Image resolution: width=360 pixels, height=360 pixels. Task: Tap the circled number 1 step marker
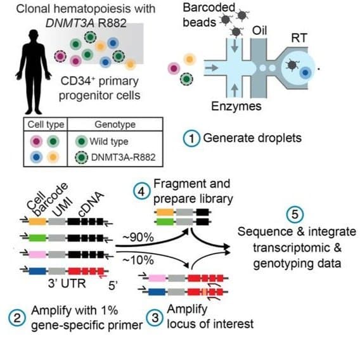(192, 138)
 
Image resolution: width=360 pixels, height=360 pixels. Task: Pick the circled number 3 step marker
(155, 318)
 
